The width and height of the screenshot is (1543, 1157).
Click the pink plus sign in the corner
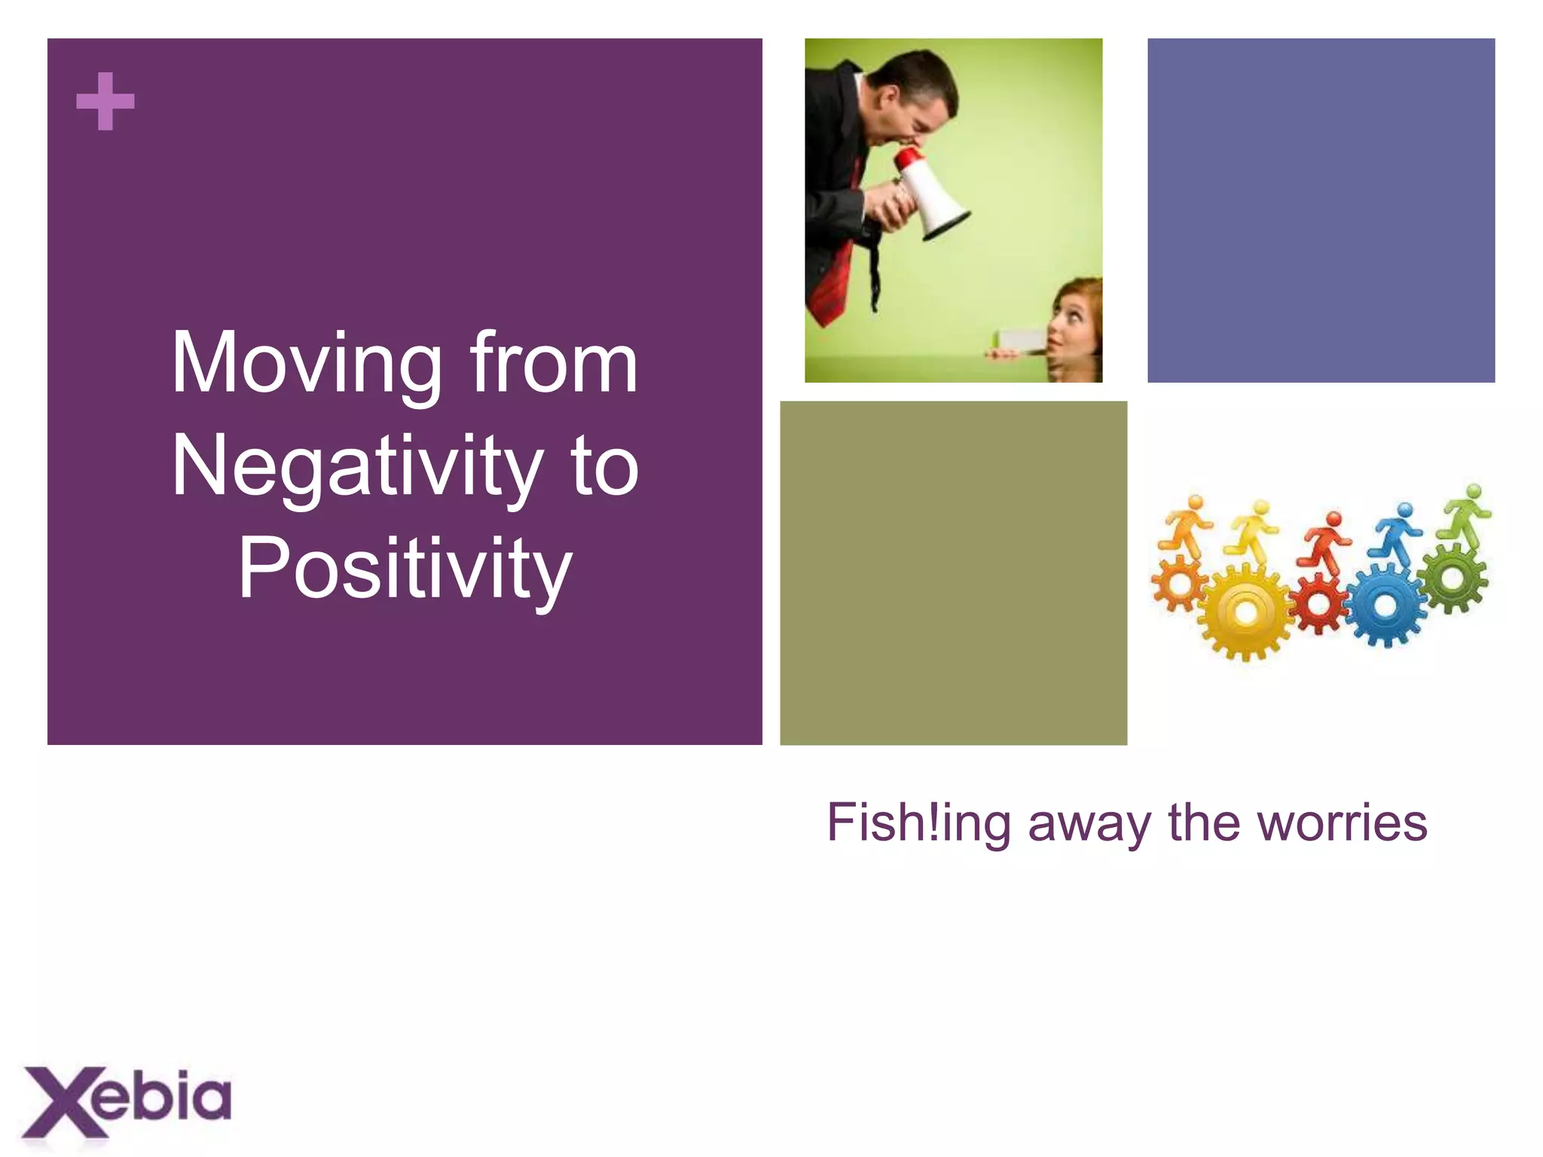tap(105, 102)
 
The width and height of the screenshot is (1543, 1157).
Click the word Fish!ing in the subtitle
tap(918, 823)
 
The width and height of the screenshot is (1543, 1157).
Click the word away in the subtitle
tap(1089, 823)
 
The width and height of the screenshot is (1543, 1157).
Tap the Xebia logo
tap(127, 1101)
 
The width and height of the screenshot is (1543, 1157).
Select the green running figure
tap(1466, 512)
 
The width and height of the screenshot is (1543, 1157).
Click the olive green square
tap(953, 572)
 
